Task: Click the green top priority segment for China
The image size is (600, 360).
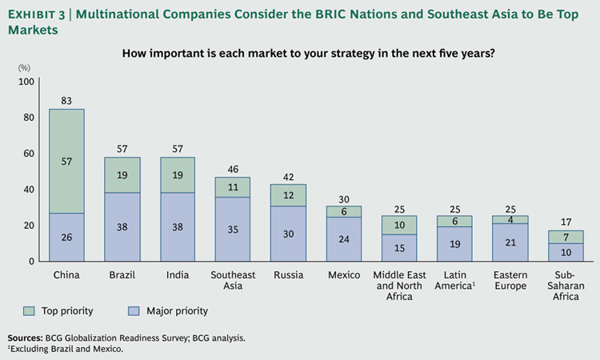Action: (x=66, y=161)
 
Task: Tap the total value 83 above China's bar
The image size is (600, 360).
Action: (x=66, y=101)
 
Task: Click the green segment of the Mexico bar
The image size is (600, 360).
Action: (x=344, y=211)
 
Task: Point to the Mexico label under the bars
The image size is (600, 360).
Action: (x=344, y=274)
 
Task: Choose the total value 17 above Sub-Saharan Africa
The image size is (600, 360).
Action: (x=566, y=222)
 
